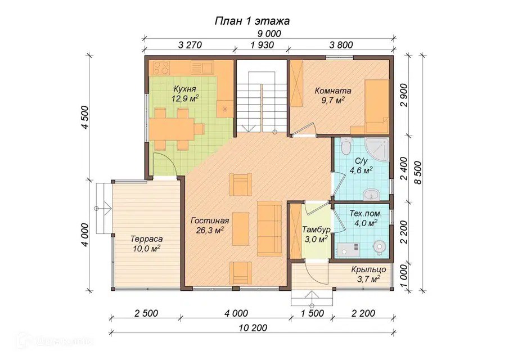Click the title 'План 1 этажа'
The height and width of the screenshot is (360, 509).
[252, 21]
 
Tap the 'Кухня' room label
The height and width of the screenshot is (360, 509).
[184, 89]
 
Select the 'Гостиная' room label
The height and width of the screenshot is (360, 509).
[210, 220]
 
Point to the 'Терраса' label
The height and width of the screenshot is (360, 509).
[147, 239]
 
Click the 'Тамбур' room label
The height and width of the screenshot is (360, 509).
[316, 230]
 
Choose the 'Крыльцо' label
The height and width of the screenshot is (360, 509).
[368, 269]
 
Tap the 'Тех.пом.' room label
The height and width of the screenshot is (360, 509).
[365, 214]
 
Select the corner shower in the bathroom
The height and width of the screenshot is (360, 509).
[377, 150]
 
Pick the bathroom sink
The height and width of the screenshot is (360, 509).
[371, 194]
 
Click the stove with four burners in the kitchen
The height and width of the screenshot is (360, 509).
[161, 68]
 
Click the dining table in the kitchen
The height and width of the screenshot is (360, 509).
[172, 129]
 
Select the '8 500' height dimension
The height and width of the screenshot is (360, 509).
[418, 173]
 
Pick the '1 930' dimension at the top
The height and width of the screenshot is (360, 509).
[262, 44]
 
